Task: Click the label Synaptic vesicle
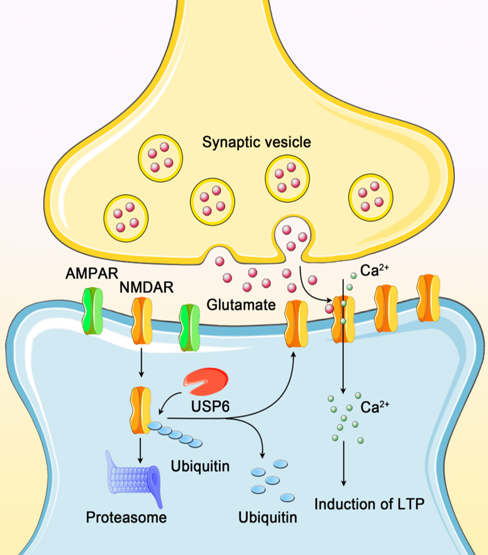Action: click(256, 142)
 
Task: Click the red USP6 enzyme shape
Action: click(207, 382)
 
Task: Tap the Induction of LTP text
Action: click(364, 504)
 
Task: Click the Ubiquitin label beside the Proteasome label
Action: click(267, 518)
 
